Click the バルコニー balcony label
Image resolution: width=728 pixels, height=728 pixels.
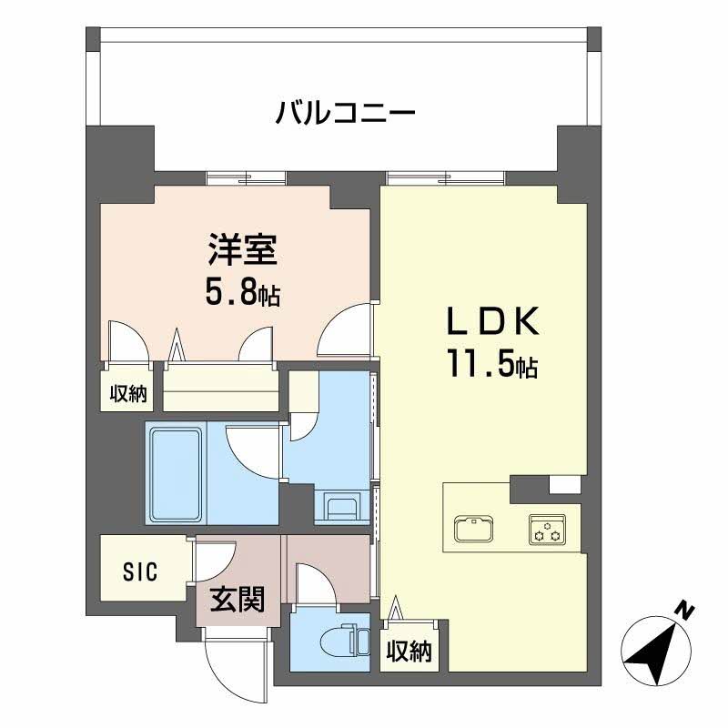tap(346, 115)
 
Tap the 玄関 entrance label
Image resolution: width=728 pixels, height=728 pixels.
tap(238, 600)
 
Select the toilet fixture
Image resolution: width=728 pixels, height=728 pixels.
tap(336, 642)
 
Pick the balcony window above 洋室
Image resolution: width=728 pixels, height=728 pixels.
tap(245, 177)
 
